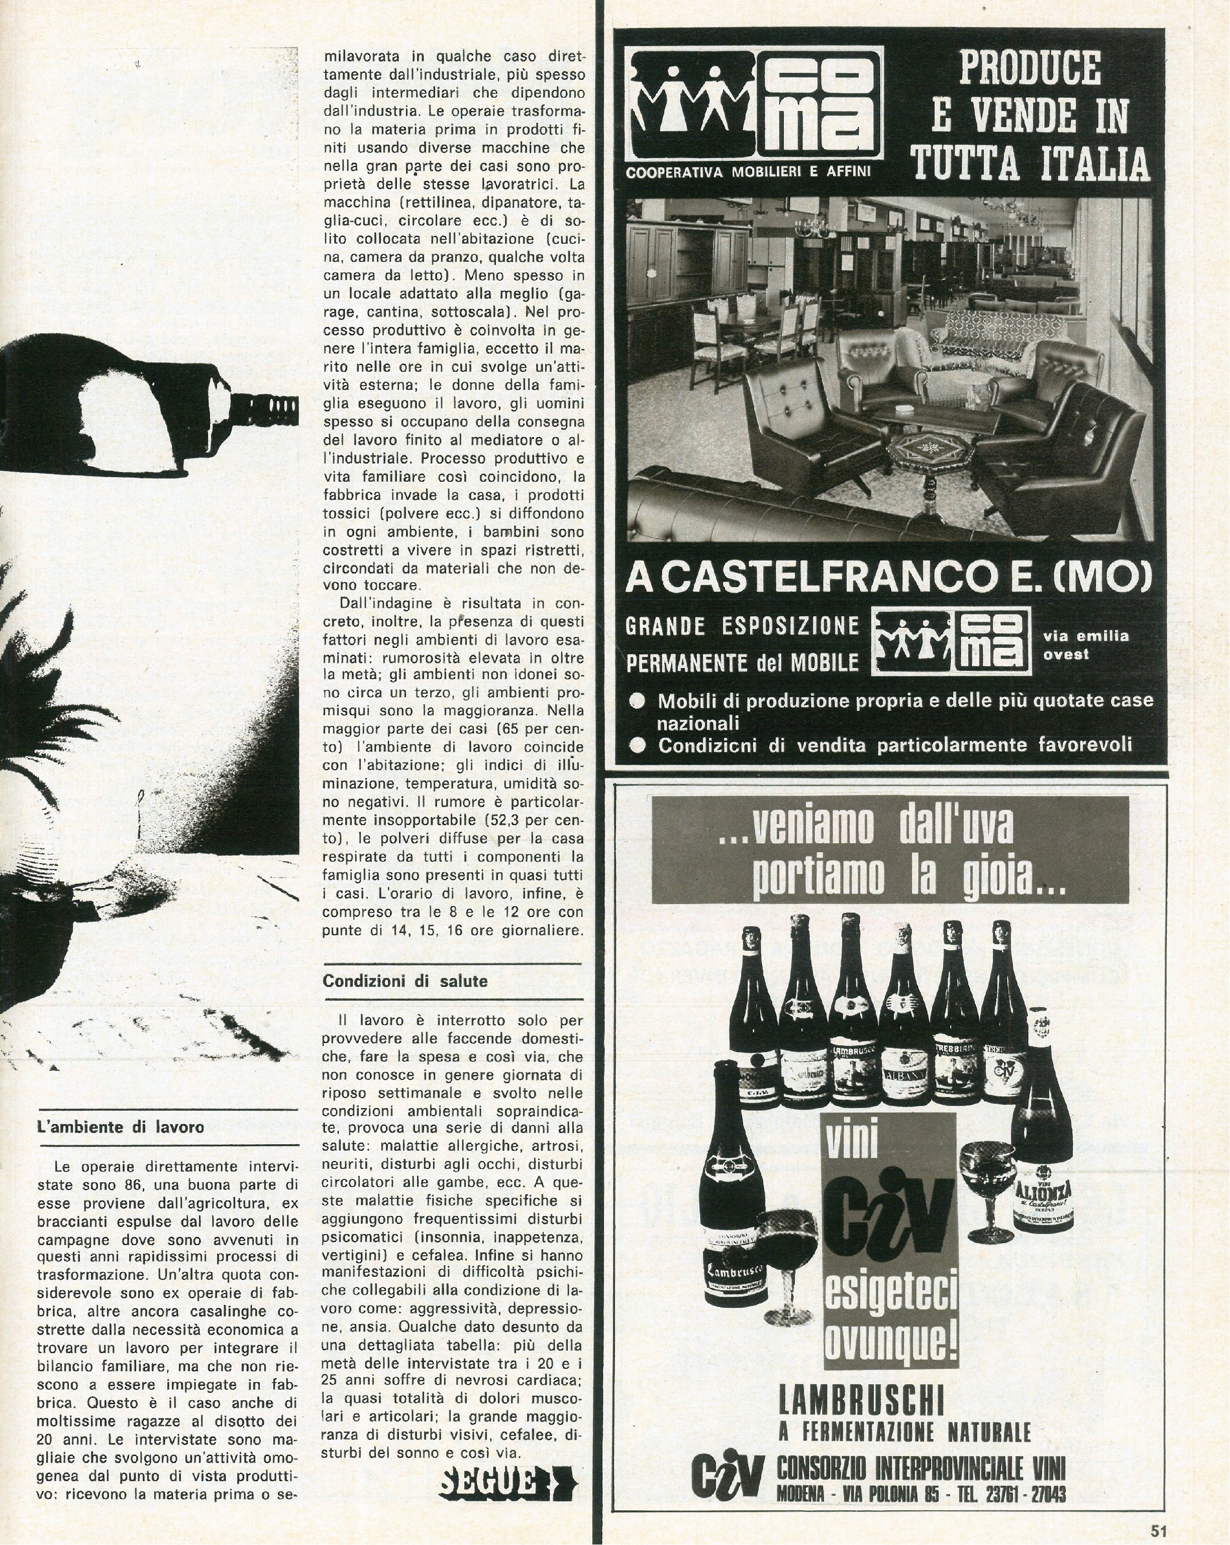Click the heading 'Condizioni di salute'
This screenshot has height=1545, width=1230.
405,981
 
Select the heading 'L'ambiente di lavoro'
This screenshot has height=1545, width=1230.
121,1127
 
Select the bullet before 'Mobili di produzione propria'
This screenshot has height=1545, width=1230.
637,701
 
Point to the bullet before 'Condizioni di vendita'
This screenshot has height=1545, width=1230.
637,746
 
